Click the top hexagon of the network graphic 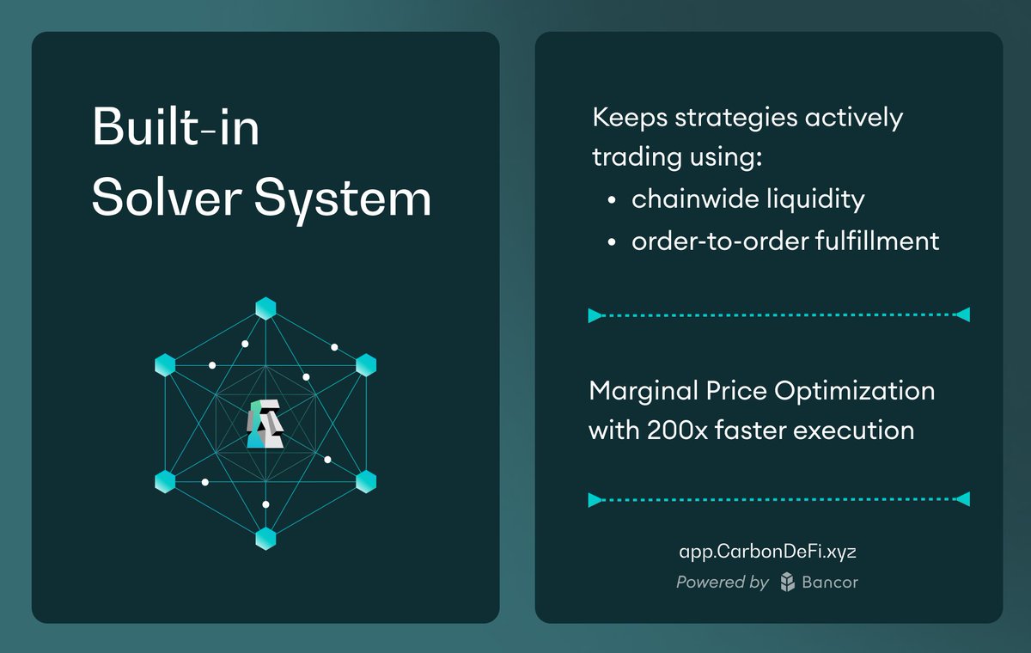coord(265,308)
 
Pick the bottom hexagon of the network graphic coord(265,539)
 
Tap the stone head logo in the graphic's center coord(265,423)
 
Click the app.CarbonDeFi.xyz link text coord(767,552)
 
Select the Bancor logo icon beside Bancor coord(787,583)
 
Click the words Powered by coord(722,583)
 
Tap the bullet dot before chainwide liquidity coord(611,200)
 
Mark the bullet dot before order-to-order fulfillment coord(611,242)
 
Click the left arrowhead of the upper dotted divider coord(595,315)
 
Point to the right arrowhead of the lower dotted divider coord(963,499)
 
